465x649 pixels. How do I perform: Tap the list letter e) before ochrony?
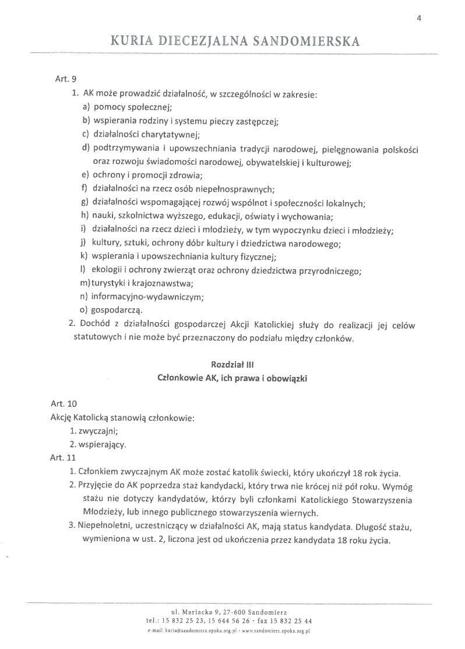click(x=85, y=175)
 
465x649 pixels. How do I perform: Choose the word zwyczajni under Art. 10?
click(x=101, y=432)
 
